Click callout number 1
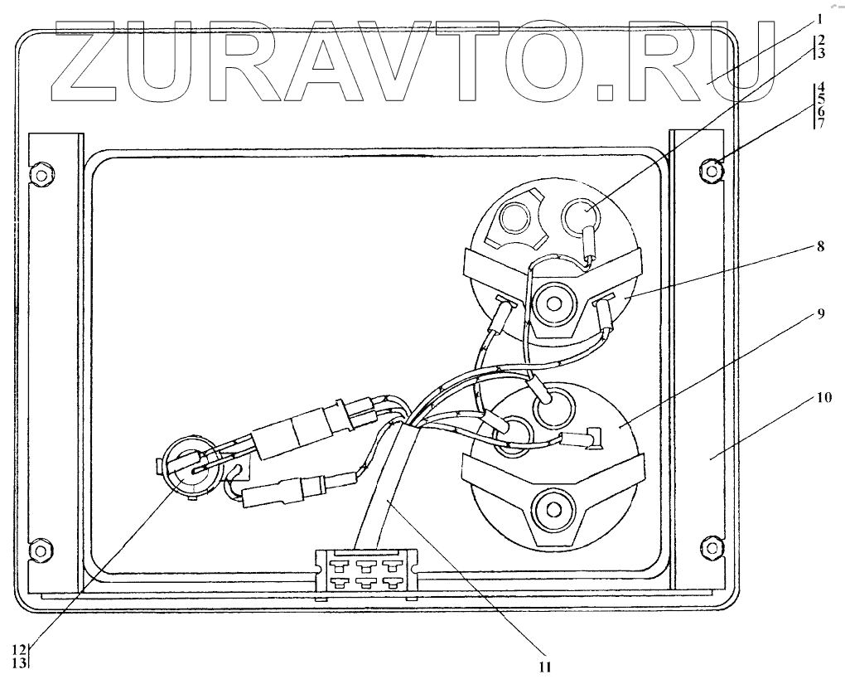(x=818, y=17)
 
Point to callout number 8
(x=820, y=245)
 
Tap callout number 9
(x=820, y=314)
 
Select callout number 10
(x=820, y=397)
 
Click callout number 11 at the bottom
(x=544, y=665)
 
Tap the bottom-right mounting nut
(x=710, y=546)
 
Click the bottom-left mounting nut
(x=39, y=549)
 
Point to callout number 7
(x=820, y=124)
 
